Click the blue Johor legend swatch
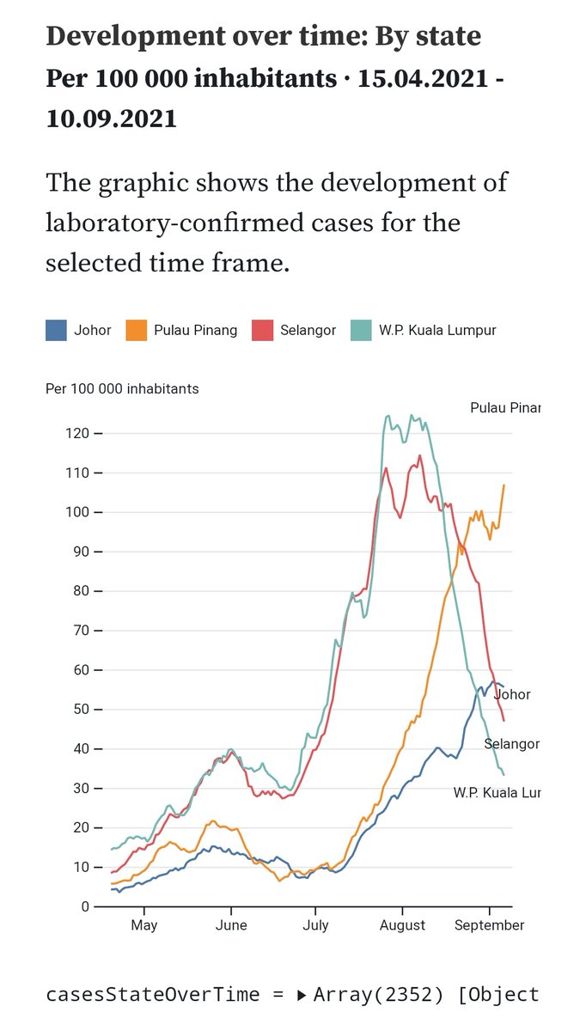point(56,330)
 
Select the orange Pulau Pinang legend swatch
point(137,330)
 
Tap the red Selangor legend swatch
point(262,330)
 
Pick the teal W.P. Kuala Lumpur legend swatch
point(362,330)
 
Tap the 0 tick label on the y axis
point(86,906)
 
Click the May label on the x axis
point(143,925)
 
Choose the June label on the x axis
point(231,925)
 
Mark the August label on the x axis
point(402,925)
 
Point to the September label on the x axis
point(489,925)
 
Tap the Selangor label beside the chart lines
point(511,744)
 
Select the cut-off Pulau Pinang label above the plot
point(505,407)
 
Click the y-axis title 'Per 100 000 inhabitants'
point(122,388)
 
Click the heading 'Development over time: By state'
point(263,36)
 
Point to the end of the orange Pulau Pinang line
point(504,485)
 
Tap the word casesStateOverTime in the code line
point(152,994)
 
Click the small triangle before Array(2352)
point(301,995)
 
